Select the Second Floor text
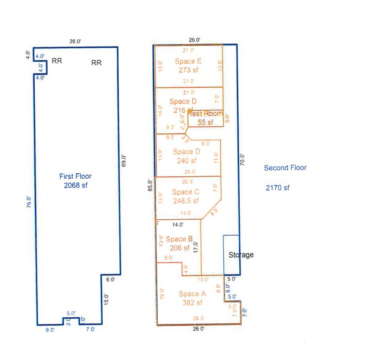(x=285, y=168)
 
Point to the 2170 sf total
(x=277, y=188)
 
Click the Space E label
(x=188, y=61)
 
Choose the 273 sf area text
(x=188, y=70)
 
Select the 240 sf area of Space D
(x=186, y=161)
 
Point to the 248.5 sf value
(x=185, y=201)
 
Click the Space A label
(x=194, y=294)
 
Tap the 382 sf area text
(x=194, y=304)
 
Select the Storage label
(x=240, y=255)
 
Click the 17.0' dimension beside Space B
(x=196, y=247)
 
